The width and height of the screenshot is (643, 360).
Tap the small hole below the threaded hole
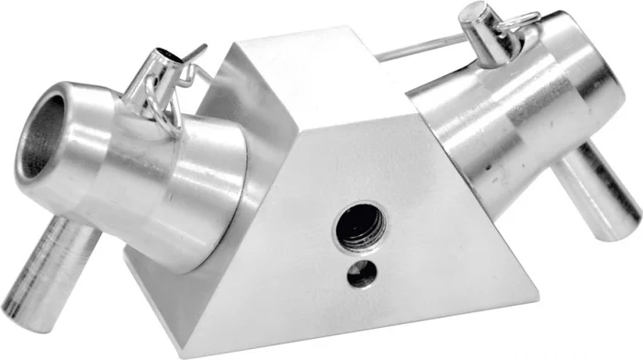click(362, 271)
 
